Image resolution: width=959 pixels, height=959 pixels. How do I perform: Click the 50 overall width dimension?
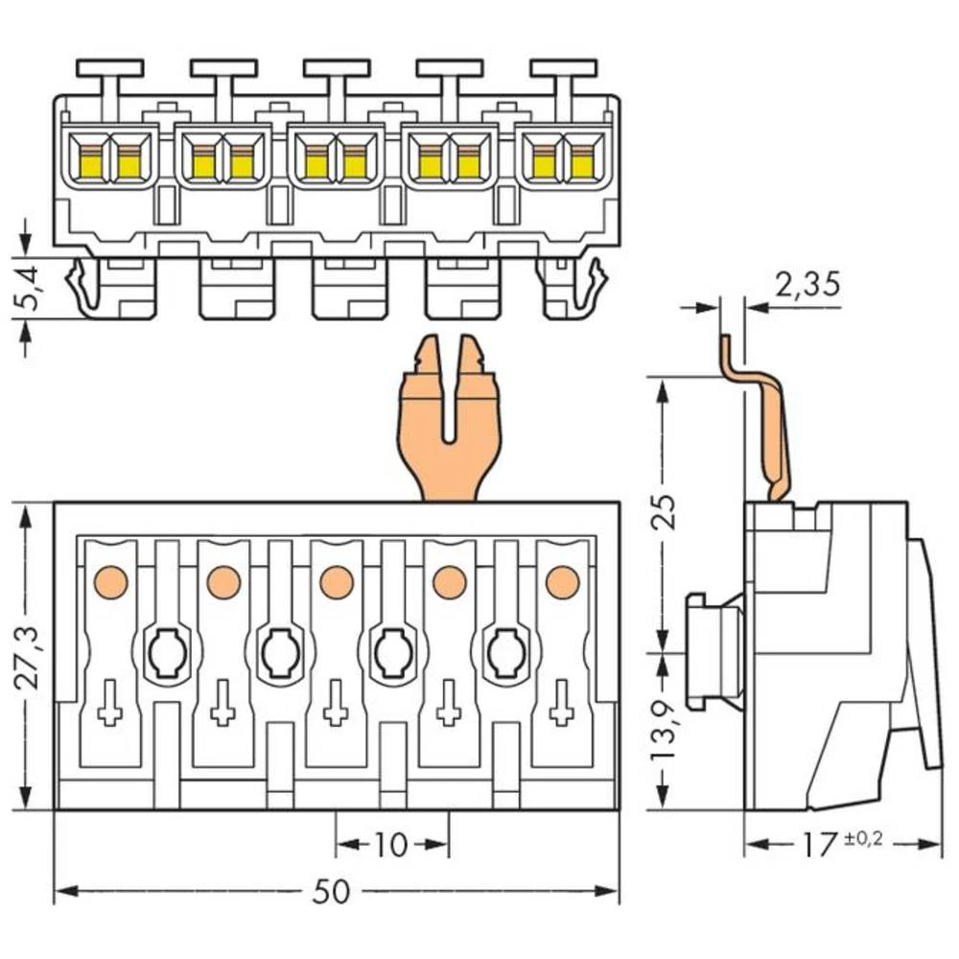coord(332,892)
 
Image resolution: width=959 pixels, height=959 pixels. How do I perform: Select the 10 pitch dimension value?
coord(390,845)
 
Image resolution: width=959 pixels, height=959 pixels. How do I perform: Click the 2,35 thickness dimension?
coord(807,284)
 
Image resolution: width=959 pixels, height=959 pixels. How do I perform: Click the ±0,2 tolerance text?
coord(864,838)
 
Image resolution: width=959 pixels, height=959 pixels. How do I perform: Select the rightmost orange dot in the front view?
coord(562,580)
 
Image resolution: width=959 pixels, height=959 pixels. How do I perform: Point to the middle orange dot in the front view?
coord(336,580)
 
